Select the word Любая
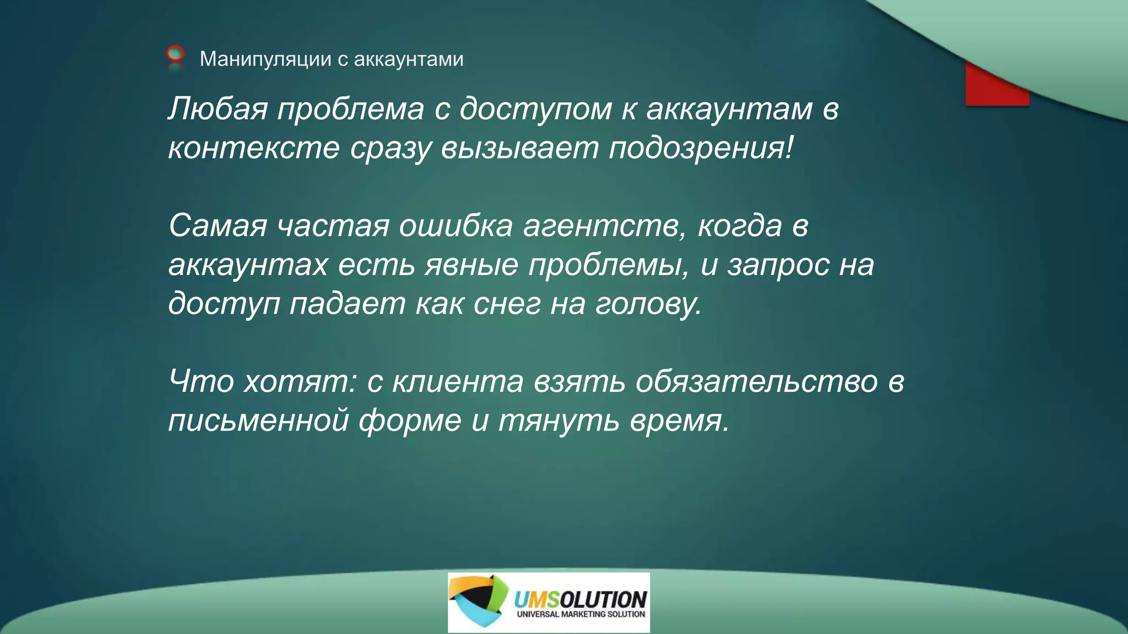pyautogui.click(x=218, y=108)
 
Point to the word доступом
pyautogui.click(x=535, y=108)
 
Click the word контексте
pyautogui.click(x=254, y=147)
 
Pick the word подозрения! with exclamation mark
pyautogui.click(x=701, y=147)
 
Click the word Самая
pyautogui.click(x=218, y=226)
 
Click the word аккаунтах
pyautogui.click(x=248, y=265)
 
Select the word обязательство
pyautogui.click(x=756, y=381)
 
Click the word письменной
pyautogui.click(x=258, y=420)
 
